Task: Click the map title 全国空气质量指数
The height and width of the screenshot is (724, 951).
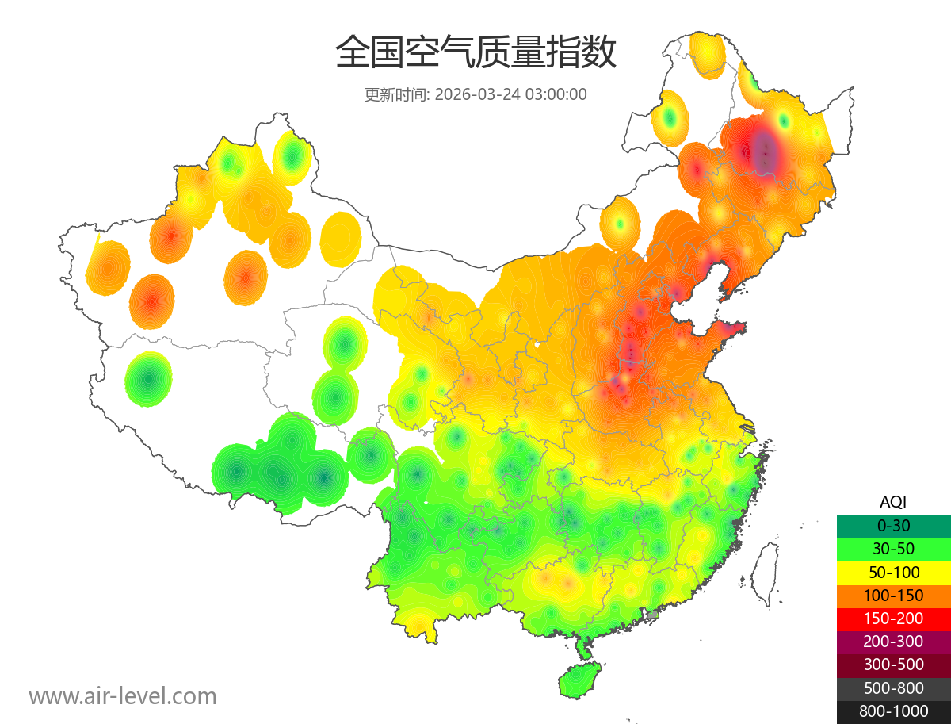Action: pyautogui.click(x=475, y=53)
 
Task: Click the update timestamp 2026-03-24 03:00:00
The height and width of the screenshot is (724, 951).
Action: pyautogui.click(x=511, y=94)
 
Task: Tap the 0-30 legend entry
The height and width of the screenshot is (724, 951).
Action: pyautogui.click(x=893, y=526)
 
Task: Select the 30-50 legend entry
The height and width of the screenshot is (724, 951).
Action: pyautogui.click(x=893, y=549)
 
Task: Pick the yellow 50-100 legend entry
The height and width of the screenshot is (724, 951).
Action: pyautogui.click(x=893, y=572)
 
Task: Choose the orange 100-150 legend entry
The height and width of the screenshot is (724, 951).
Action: pyautogui.click(x=893, y=596)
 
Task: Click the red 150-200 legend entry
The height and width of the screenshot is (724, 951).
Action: pyautogui.click(x=893, y=619)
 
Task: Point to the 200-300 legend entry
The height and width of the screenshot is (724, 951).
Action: pyautogui.click(x=893, y=642)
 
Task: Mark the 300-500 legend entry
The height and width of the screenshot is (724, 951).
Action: pyautogui.click(x=893, y=665)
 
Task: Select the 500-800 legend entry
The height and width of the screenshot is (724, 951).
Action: pyautogui.click(x=893, y=688)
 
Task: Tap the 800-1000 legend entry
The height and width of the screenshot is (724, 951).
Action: pyautogui.click(x=893, y=711)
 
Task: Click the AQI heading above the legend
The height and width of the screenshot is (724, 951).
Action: pyautogui.click(x=893, y=502)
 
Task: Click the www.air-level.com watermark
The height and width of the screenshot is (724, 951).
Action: pyautogui.click(x=123, y=697)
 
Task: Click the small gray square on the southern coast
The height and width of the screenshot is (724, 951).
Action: pyautogui.click(x=653, y=615)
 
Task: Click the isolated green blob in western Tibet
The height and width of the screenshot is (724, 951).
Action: pyautogui.click(x=148, y=379)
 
